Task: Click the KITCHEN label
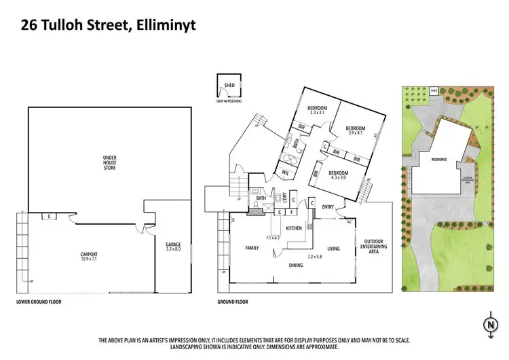(x=293, y=228)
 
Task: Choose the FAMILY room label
(x=252, y=249)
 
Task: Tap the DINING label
(x=297, y=265)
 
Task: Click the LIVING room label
(x=333, y=249)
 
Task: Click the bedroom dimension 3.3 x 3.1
(x=317, y=113)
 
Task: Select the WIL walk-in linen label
(x=286, y=173)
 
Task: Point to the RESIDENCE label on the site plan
(x=439, y=160)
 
